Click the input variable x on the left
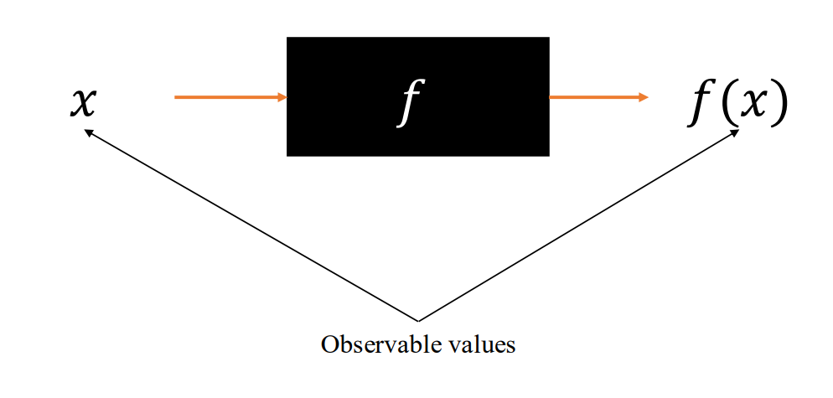coord(83,103)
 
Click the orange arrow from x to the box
coord(226,97)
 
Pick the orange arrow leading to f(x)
coord(595,97)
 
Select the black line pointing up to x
coord(251,225)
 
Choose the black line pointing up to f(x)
coord(578,225)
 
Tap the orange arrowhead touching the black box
coord(282,97)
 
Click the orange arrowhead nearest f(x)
coord(644,97)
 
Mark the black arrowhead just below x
coord(88,131)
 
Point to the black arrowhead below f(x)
coord(734,132)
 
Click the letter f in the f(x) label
coord(698,106)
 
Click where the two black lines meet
coord(417,320)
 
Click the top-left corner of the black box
coord(287,38)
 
